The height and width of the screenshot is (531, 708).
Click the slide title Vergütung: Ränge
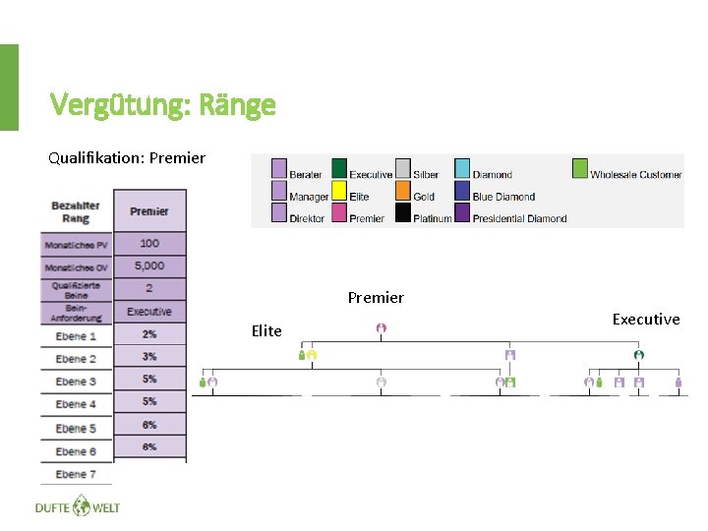(163, 104)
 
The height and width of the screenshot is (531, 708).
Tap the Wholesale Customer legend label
(635, 175)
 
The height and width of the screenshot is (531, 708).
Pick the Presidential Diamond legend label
(519, 218)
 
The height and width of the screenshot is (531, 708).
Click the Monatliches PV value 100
(149, 243)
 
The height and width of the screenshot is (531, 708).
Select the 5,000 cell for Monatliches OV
(149, 265)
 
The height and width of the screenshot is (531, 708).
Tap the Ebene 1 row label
(76, 336)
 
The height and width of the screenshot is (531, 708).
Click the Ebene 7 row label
(76, 474)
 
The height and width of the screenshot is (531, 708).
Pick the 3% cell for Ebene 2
(149, 357)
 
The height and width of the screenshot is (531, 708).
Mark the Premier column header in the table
(149, 210)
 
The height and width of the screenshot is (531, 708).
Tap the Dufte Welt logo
(77, 507)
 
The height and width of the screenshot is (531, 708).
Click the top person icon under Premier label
(381, 328)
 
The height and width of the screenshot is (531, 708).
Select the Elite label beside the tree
(266, 330)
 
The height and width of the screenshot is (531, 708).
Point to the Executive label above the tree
(645, 319)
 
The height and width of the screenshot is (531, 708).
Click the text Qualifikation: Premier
(127, 157)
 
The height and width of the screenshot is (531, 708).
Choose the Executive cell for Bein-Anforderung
(149, 312)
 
